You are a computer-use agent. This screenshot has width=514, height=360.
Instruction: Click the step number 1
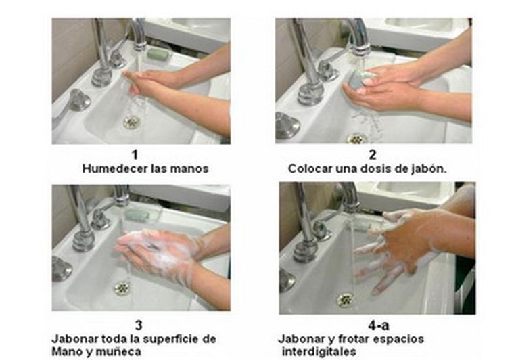click(145, 156)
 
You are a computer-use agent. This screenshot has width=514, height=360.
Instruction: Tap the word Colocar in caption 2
click(308, 168)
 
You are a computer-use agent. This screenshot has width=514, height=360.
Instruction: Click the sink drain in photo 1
click(131, 122)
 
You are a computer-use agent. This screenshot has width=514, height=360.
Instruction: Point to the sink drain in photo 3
click(122, 288)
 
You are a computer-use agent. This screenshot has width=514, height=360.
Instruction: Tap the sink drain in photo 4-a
click(346, 298)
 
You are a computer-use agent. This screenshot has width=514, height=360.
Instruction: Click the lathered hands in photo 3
click(156, 250)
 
